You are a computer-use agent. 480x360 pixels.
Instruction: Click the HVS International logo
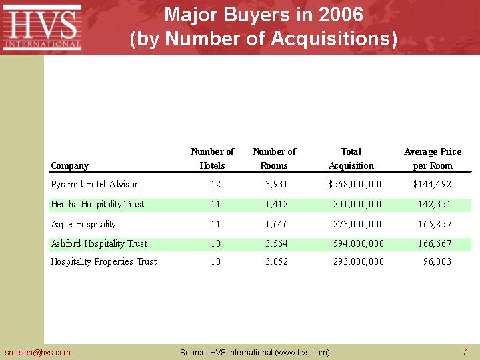click(43, 27)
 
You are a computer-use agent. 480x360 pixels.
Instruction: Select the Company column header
click(69, 165)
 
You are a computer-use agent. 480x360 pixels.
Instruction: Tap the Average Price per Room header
click(433, 159)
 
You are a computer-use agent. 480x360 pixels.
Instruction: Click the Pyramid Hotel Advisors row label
click(96, 184)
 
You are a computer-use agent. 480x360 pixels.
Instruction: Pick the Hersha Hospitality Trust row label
click(97, 204)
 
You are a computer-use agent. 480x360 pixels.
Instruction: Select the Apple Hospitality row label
click(83, 224)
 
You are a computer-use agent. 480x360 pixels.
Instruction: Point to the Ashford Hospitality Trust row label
click(99, 243)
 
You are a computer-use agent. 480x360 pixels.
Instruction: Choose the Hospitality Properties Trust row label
click(104, 261)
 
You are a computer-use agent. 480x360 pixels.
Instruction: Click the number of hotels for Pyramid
click(215, 184)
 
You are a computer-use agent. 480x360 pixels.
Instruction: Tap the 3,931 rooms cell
click(277, 184)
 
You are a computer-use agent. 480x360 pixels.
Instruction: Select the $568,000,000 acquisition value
click(356, 184)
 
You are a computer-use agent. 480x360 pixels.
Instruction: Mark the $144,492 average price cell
click(432, 184)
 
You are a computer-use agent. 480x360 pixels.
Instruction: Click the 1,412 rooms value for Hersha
click(277, 204)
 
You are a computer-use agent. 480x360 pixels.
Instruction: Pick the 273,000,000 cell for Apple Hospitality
click(359, 224)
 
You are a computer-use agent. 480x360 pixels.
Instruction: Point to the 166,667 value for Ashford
click(435, 243)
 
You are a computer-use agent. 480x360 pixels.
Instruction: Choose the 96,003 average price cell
click(437, 261)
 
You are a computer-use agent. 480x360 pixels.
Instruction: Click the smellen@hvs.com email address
click(37, 352)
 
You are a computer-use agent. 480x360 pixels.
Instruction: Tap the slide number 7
click(464, 352)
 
